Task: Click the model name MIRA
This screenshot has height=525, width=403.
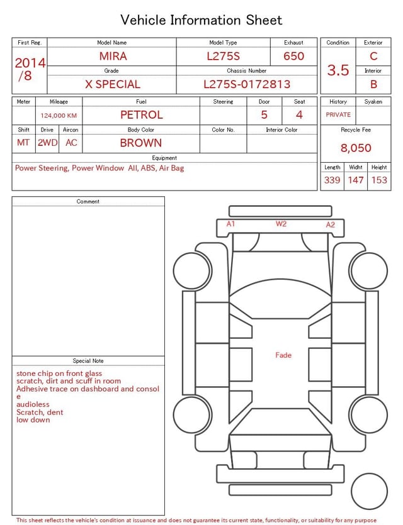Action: pyautogui.click(x=113, y=56)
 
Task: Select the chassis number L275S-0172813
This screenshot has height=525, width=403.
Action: pyautogui.click(x=247, y=84)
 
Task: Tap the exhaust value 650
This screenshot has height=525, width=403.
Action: pyautogui.click(x=293, y=56)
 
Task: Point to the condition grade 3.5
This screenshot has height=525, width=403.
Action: pyautogui.click(x=338, y=70)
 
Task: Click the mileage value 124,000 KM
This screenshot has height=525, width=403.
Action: pyautogui.click(x=59, y=116)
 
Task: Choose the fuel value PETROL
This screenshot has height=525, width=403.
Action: pyautogui.click(x=141, y=115)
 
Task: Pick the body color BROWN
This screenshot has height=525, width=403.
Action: pyautogui.click(x=141, y=143)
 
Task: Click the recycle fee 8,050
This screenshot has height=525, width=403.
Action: pyautogui.click(x=356, y=148)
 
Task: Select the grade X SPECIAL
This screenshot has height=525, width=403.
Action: pyautogui.click(x=113, y=84)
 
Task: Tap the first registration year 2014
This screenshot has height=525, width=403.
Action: pyautogui.click(x=30, y=63)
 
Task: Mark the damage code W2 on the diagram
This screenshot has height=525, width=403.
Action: pyautogui.click(x=281, y=224)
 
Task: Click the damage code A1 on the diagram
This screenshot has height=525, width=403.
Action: pyautogui.click(x=231, y=224)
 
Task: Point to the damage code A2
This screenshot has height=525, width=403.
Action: pyautogui.click(x=331, y=224)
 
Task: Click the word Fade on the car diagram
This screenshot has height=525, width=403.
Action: pyautogui.click(x=283, y=355)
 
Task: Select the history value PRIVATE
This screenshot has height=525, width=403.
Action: pyautogui.click(x=338, y=115)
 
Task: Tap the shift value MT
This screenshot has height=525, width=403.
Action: pyautogui.click(x=23, y=143)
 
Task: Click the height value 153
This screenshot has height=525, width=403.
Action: pyautogui.click(x=379, y=180)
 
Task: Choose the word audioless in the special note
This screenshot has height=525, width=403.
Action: pyautogui.click(x=33, y=404)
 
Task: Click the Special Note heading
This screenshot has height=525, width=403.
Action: pyautogui.click(x=88, y=361)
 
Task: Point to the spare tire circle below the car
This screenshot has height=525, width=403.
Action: pyautogui.click(x=370, y=491)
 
